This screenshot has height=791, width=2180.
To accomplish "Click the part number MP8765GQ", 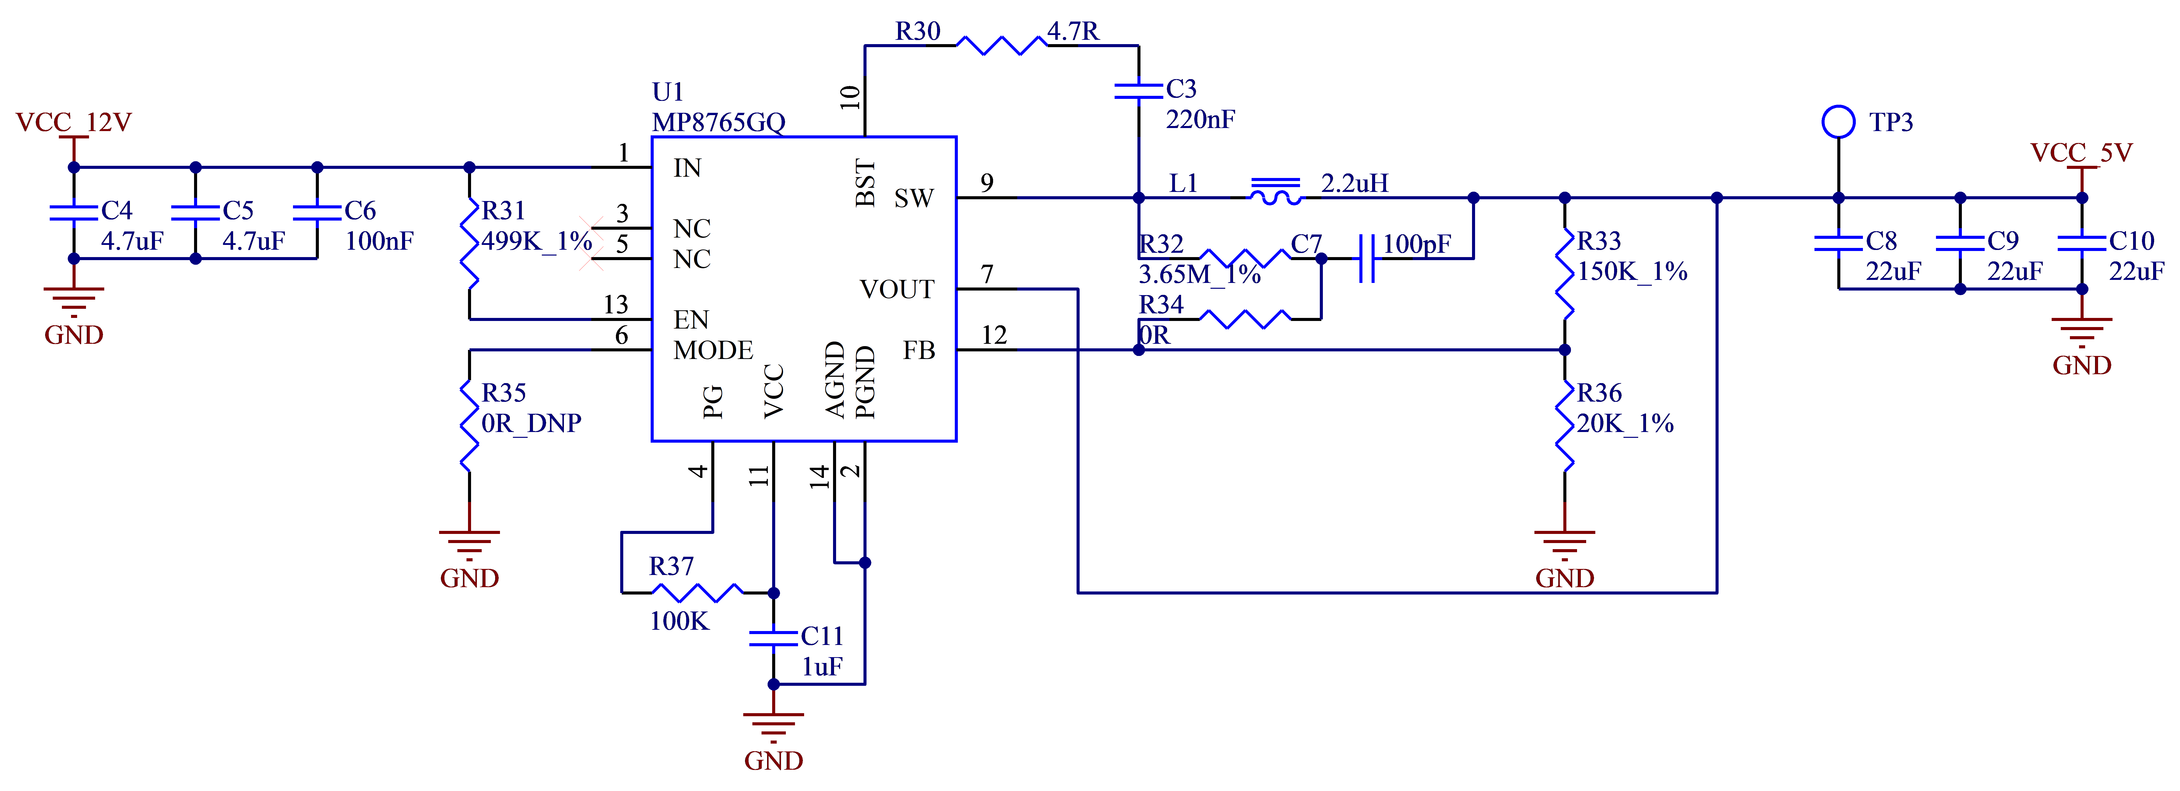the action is [x=718, y=123].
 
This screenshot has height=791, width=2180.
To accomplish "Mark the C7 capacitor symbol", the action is [x=1366, y=258].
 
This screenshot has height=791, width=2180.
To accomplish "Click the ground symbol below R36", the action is [x=1565, y=544].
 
